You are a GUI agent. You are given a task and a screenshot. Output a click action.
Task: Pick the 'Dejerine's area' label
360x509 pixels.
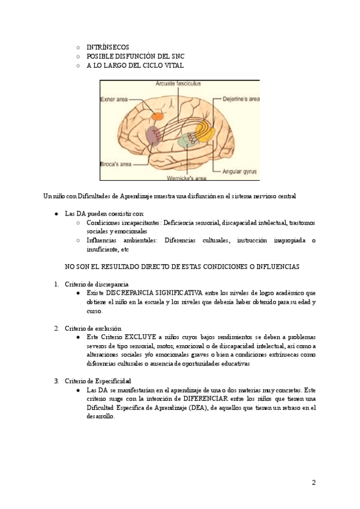tap(241, 98)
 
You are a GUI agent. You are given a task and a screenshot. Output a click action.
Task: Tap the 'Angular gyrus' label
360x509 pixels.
tap(239, 171)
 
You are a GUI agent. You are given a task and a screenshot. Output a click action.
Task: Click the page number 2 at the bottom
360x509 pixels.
tap(313, 483)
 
